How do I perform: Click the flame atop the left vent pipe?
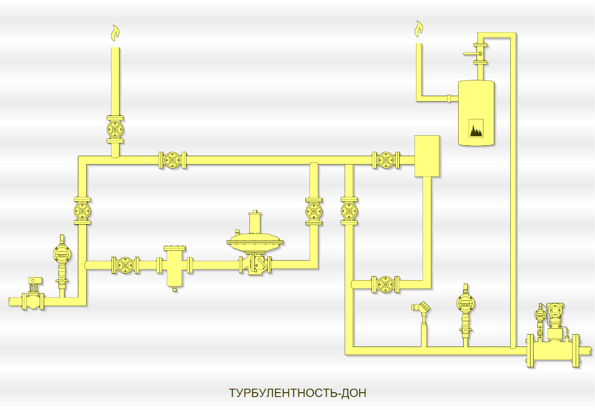(115, 33)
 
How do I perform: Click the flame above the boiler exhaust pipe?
(419, 29)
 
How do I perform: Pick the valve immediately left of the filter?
(125, 265)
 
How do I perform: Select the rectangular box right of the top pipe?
(427, 156)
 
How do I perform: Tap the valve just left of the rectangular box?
(386, 160)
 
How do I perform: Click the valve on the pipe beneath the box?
(386, 284)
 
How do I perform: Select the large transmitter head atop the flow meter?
(554, 311)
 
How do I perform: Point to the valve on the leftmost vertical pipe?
(82, 211)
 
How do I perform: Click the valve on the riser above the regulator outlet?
(314, 211)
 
